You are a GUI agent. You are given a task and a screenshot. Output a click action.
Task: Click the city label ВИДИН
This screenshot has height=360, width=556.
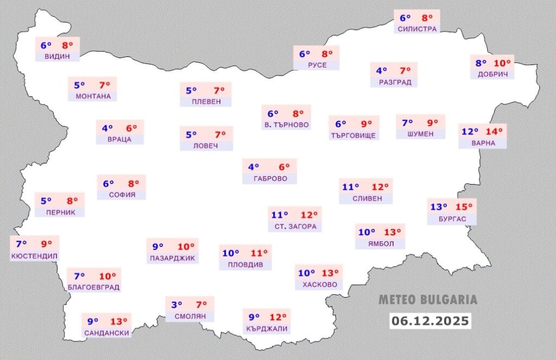coord(57,56)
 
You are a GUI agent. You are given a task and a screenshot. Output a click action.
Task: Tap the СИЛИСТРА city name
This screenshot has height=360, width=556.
coord(417,29)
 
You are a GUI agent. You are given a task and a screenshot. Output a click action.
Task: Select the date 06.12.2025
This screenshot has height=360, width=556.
coord(429,321)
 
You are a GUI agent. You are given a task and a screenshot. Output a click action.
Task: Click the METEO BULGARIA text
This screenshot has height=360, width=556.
coord(427,300)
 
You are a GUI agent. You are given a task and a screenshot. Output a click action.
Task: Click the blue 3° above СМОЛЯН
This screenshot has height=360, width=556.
coord(177,305)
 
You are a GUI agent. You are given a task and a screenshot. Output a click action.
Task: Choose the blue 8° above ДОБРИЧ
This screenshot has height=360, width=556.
coord(481,62)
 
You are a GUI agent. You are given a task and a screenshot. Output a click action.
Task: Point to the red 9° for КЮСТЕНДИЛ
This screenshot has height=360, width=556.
coord(47,244)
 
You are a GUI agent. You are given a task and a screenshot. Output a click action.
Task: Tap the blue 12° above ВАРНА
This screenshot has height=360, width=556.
coord(470,131)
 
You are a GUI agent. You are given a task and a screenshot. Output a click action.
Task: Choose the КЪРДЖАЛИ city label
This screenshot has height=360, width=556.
coord(266,329)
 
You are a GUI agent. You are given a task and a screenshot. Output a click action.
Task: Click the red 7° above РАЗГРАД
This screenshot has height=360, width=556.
coord(405,71)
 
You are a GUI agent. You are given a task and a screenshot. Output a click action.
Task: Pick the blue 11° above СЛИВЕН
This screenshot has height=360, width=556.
coord(350,187)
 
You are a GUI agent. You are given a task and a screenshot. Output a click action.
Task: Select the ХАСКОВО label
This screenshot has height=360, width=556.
coord(319,285)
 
